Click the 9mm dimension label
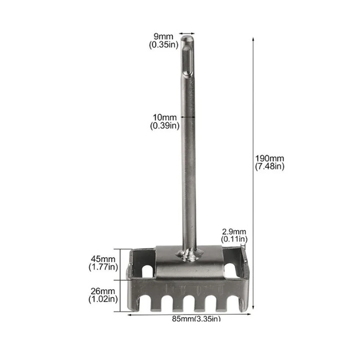(163, 37)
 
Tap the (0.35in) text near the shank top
(164, 45)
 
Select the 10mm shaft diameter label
(165, 118)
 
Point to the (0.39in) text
(165, 126)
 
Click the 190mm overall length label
(269, 158)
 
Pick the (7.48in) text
(270, 166)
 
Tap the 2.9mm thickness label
(234, 232)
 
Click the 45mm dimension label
(103, 259)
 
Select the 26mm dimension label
(103, 291)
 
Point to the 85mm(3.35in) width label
(196, 318)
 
